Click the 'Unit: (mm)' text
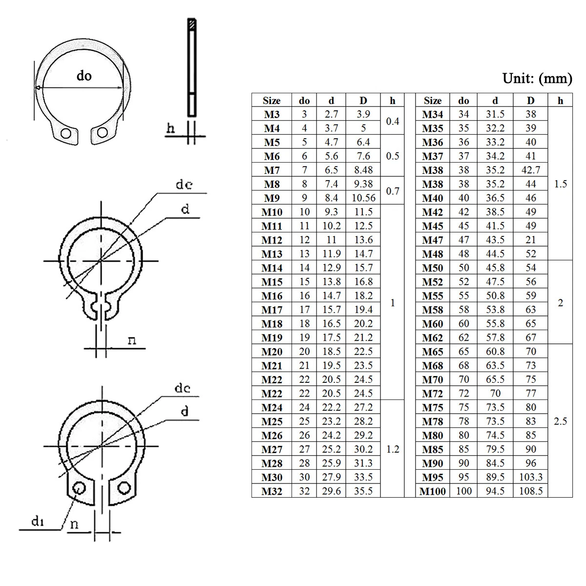click(537, 78)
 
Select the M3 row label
click(272, 114)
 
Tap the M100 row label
click(433, 491)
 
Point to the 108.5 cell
click(531, 491)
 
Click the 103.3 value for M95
click(531, 477)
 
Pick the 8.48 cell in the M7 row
click(363, 170)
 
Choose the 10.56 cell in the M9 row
click(363, 198)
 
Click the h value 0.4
click(393, 121)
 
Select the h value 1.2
click(393, 449)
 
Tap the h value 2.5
click(560, 421)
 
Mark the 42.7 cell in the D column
click(531, 170)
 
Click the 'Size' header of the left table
click(272, 101)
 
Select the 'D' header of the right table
click(531, 101)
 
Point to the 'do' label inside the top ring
click(84, 76)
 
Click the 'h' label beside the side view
click(170, 128)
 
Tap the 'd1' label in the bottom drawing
click(38, 522)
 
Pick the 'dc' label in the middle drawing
click(184, 185)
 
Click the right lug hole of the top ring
click(102, 132)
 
